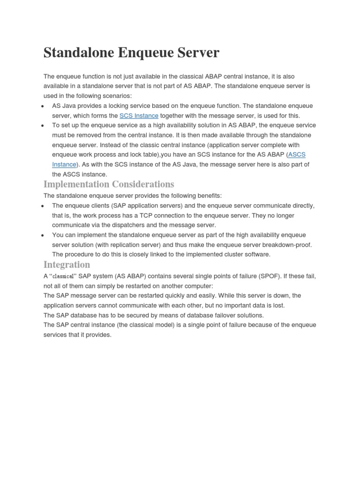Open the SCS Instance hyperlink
point(139,116)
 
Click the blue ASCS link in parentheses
point(297,155)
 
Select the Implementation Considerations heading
point(109,184)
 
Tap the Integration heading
point(67,264)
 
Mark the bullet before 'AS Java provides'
point(43,106)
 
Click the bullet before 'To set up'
point(43,126)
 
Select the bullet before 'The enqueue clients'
point(43,206)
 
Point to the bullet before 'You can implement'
point(43,235)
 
